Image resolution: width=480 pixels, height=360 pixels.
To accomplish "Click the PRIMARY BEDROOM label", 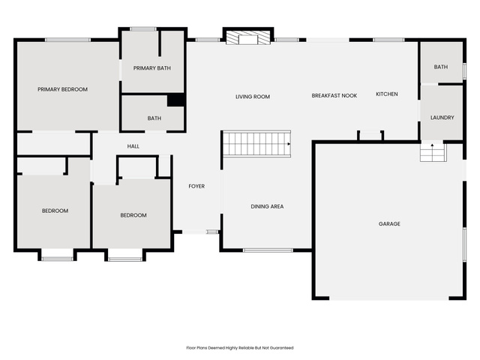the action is (x=62, y=89).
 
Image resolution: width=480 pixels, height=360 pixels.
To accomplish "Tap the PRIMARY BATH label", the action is (x=152, y=68).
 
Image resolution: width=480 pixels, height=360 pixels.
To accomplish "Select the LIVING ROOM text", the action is (x=253, y=97).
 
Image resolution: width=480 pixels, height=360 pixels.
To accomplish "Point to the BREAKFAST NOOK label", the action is (x=334, y=95).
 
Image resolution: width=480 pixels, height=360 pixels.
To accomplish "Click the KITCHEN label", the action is (x=387, y=94).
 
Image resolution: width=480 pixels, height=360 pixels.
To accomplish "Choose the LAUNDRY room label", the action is (x=442, y=118).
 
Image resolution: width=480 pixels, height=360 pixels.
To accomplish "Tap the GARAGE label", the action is (x=389, y=223).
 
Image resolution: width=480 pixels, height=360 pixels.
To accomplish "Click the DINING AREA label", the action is (x=267, y=207).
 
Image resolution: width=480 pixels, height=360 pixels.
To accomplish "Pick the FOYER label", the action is (x=196, y=186).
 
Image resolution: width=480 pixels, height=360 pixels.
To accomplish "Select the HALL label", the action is (x=133, y=146).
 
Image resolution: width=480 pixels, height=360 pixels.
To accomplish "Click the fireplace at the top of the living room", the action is (x=248, y=37).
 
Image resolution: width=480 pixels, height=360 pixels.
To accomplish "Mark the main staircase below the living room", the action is (x=256, y=143).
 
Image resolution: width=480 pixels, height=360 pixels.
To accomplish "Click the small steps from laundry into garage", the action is (x=433, y=152).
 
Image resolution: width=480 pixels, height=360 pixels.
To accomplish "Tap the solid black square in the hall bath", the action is (x=175, y=100).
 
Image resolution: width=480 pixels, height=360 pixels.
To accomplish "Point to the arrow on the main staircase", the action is (x=289, y=143).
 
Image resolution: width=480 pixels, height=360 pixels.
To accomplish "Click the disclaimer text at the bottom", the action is (x=240, y=348).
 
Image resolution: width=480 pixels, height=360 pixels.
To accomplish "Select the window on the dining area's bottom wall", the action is (x=268, y=250).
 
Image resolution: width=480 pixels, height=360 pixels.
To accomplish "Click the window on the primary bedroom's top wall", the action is (x=67, y=40).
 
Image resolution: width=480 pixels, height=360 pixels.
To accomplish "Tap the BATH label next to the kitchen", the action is (x=441, y=67).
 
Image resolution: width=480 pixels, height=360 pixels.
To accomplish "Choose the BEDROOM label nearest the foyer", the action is (x=133, y=215).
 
